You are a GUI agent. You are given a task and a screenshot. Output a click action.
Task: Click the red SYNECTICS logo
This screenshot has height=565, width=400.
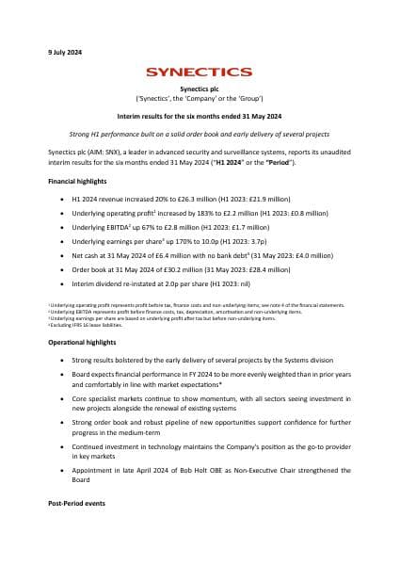click(x=200, y=72)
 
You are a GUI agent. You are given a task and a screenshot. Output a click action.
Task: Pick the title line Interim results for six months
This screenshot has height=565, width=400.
click(x=200, y=116)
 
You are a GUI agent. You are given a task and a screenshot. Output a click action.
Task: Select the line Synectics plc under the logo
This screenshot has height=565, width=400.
click(x=200, y=87)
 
